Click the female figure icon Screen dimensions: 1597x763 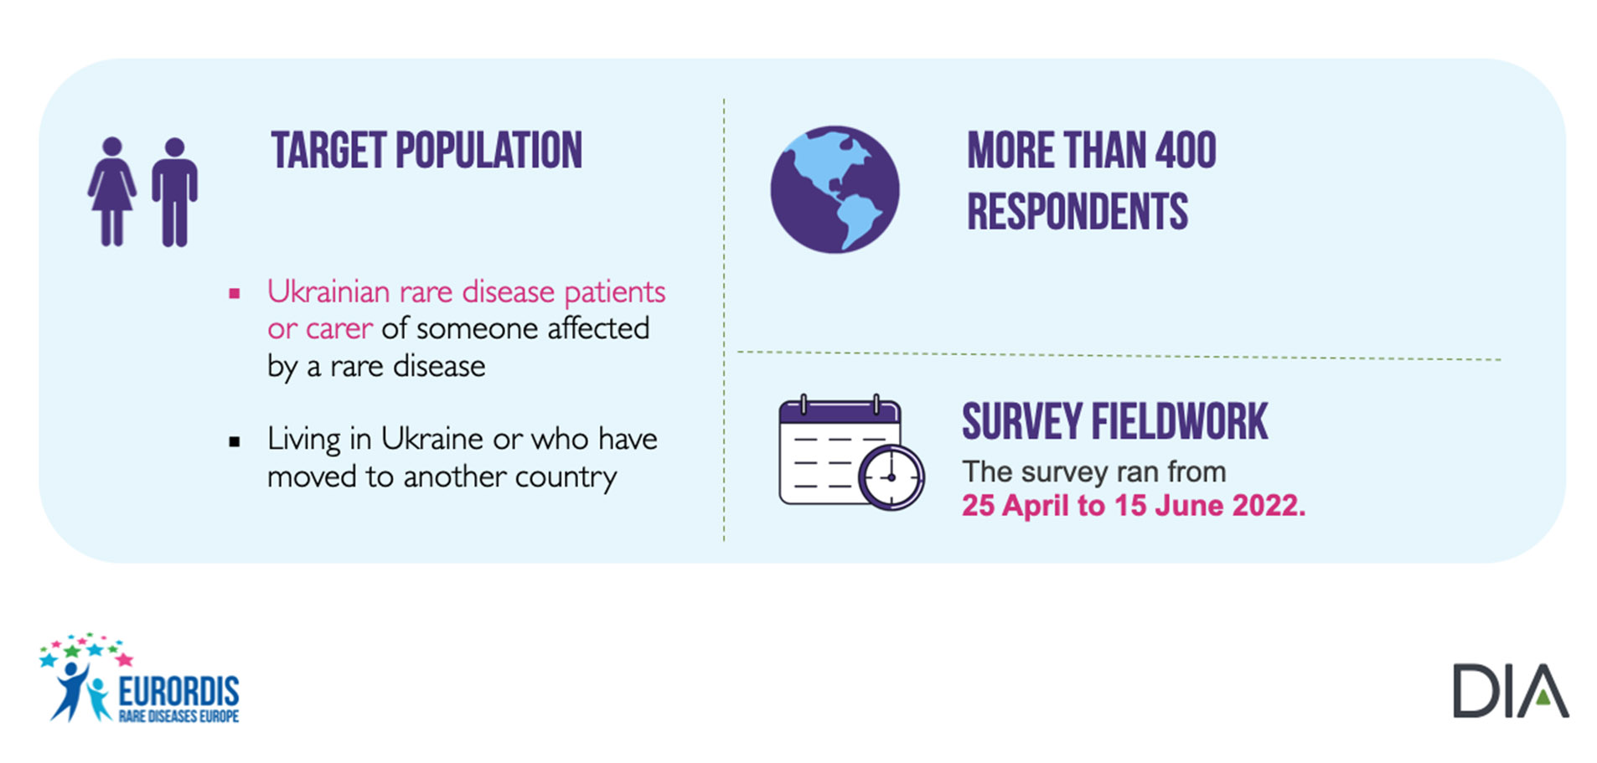pos(112,192)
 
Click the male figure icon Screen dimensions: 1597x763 pos(174,192)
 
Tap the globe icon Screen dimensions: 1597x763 pos(835,189)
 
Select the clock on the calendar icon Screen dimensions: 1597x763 pos(892,477)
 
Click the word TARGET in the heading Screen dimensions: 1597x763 pos(329,151)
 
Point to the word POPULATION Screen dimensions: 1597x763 pos(488,151)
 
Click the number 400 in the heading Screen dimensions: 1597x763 pos(1186,151)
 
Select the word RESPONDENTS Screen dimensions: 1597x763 pos(1078,211)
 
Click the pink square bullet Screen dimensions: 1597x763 pos(235,293)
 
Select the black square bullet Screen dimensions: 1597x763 pos(235,441)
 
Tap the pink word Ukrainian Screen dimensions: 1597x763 pos(328,291)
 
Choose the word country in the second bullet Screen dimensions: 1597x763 pos(566,477)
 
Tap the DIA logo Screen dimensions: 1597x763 pos(1511,691)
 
